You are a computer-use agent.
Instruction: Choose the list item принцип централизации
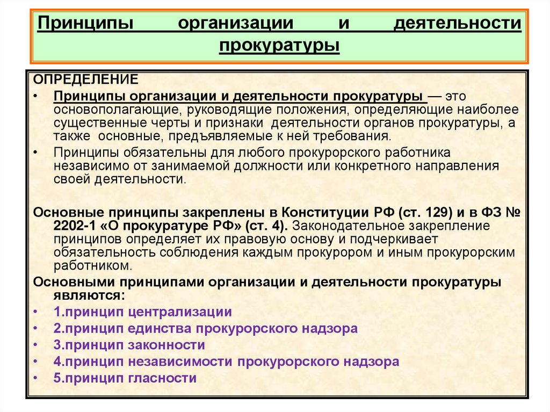142,312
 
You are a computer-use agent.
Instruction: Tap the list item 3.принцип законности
129,345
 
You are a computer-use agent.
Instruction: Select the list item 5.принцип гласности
125,378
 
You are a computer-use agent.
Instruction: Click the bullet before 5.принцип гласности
35,378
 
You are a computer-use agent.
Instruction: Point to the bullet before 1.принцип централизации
35,312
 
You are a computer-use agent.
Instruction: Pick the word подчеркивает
401,238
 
